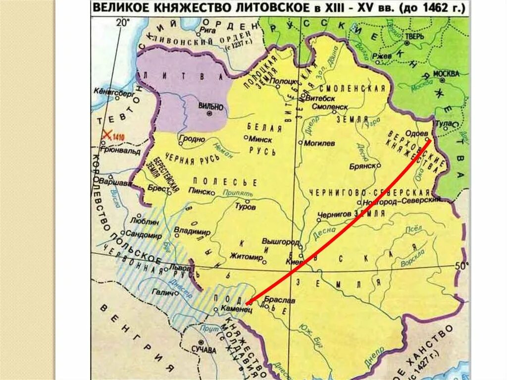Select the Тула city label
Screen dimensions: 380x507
tap(442, 121)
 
